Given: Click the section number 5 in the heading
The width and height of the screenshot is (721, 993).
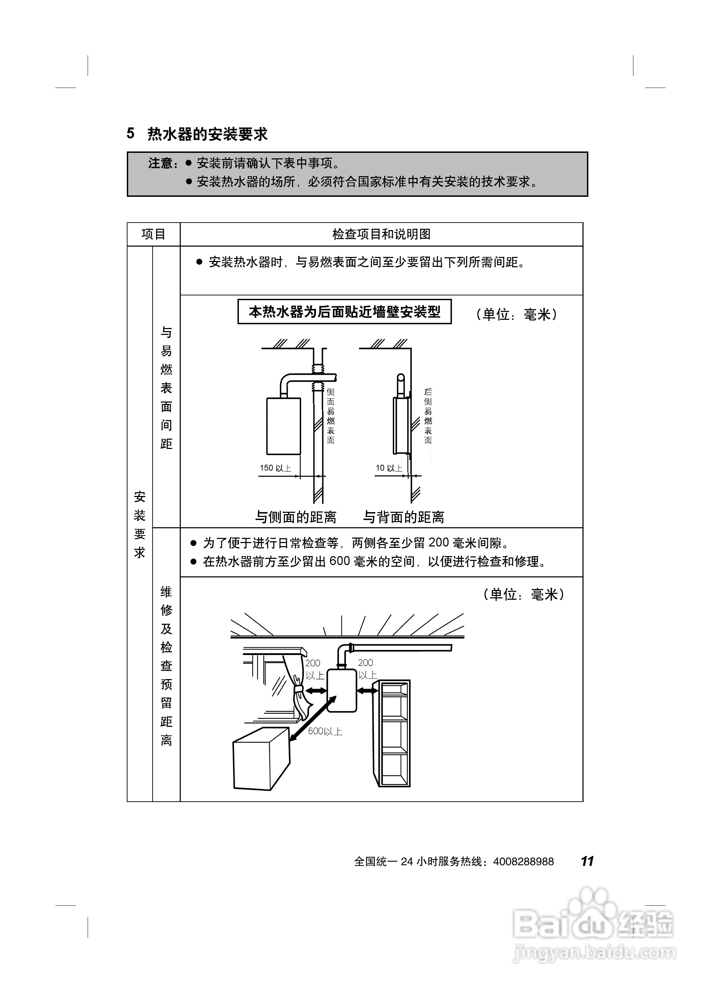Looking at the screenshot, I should click(131, 134).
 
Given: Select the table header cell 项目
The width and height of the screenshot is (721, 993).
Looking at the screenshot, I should click(153, 234).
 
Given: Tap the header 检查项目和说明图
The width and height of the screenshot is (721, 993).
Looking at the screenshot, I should click(381, 234).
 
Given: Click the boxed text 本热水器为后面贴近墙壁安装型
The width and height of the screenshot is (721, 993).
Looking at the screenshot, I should click(344, 312).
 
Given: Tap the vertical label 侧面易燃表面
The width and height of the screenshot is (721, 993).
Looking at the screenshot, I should click(331, 416).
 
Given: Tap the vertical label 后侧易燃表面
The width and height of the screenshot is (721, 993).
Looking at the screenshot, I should click(428, 416).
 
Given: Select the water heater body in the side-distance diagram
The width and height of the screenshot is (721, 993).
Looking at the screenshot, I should click(284, 426).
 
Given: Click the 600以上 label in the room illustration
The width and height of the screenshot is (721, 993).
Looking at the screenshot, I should click(325, 731).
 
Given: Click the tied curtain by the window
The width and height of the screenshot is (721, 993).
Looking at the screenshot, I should click(299, 692).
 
